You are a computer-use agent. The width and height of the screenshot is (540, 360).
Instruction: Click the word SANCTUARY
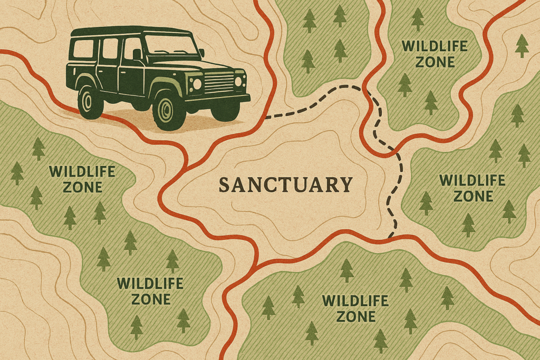coord(285,185)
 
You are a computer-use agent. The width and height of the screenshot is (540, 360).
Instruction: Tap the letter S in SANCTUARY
coord(224,186)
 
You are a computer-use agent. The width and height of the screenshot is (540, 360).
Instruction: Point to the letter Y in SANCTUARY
coord(346,185)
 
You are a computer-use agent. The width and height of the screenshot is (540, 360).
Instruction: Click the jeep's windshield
coord(167,45)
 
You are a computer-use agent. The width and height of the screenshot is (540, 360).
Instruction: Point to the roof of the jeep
coord(132,31)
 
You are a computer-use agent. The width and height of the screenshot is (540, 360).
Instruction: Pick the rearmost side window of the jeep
coord(83,48)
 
